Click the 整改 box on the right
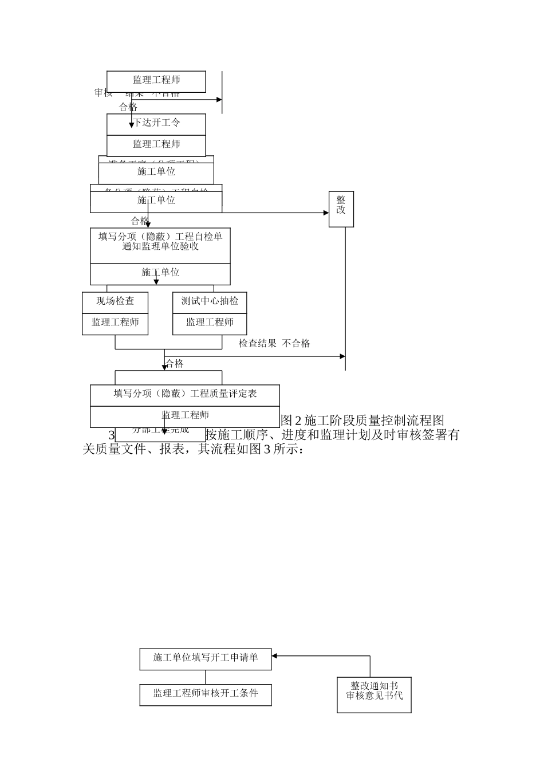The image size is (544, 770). click(341, 209)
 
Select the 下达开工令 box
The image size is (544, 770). click(156, 123)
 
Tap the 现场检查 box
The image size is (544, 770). click(115, 301)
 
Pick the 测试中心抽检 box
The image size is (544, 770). click(210, 301)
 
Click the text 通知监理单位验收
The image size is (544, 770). click(160, 247)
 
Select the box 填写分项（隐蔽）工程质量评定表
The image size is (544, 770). click(185, 394)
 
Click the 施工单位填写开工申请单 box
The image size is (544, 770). click(205, 658)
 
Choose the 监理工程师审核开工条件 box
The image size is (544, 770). click(205, 694)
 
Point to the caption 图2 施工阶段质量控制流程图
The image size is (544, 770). click(362, 420)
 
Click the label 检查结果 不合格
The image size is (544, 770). click(274, 344)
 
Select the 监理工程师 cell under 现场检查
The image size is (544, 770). click(115, 323)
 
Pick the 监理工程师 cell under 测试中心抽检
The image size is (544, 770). click(210, 323)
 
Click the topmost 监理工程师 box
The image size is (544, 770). click(156, 81)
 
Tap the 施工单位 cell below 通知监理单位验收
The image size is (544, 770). click(160, 273)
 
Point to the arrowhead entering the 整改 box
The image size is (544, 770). click(326, 213)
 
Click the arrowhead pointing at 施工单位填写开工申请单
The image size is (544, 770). click(275, 656)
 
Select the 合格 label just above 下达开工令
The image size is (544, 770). click(128, 107)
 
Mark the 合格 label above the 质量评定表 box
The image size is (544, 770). click(175, 364)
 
